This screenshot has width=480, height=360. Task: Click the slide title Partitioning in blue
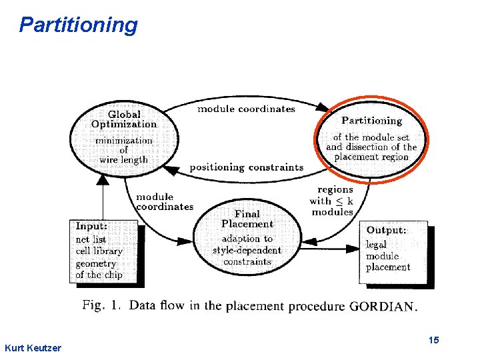click(x=78, y=25)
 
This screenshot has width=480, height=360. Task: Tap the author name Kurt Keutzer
click(x=32, y=348)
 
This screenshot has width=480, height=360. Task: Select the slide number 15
click(x=434, y=341)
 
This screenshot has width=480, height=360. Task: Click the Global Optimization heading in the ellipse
click(x=124, y=119)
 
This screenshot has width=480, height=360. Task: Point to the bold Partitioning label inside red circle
click(x=371, y=121)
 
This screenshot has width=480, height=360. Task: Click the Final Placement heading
click(x=247, y=219)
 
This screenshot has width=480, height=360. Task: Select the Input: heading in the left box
click(x=91, y=227)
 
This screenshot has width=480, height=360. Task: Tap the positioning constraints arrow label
click(x=247, y=167)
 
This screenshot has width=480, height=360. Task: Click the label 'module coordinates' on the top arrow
click(x=246, y=109)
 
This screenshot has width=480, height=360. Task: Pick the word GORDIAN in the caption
click(x=383, y=307)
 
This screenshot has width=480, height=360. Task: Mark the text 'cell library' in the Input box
click(x=99, y=251)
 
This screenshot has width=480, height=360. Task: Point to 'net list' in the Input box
click(x=91, y=239)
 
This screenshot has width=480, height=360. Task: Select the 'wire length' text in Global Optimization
click(x=124, y=159)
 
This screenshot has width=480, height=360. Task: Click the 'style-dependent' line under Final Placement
click(x=247, y=251)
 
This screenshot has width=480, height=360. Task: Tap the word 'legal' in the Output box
click(x=376, y=245)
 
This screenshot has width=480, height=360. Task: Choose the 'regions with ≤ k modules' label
click(x=331, y=201)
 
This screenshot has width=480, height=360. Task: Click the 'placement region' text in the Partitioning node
click(x=371, y=157)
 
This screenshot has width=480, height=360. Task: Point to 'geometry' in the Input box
click(x=95, y=263)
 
